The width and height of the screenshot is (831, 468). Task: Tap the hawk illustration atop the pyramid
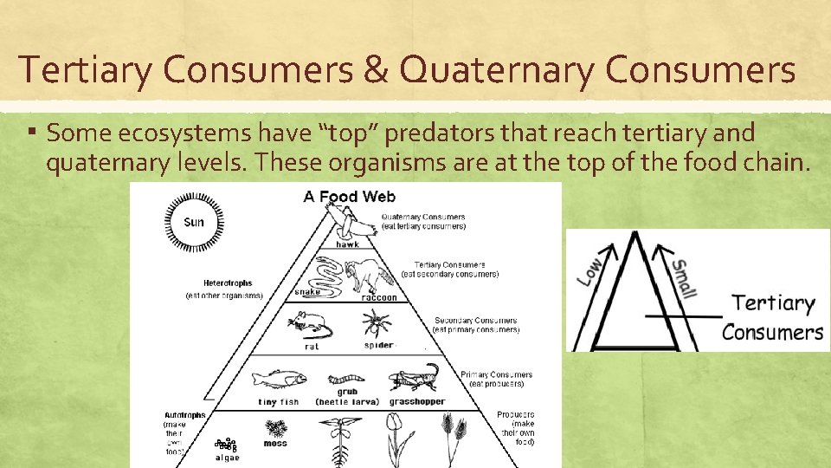354,224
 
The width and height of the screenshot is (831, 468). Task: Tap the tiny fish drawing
278,379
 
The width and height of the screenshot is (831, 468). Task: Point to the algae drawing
226,444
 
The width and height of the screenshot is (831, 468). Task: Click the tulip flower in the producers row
393,432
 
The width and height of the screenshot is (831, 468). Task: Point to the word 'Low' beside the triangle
590,270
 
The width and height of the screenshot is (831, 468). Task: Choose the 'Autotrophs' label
185,415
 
